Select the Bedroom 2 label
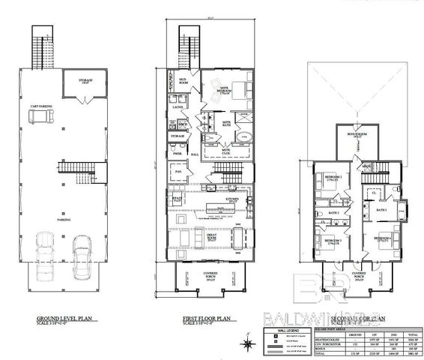(x=333, y=178)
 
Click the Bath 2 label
(x=336, y=213)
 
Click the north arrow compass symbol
(x=247, y=344)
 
